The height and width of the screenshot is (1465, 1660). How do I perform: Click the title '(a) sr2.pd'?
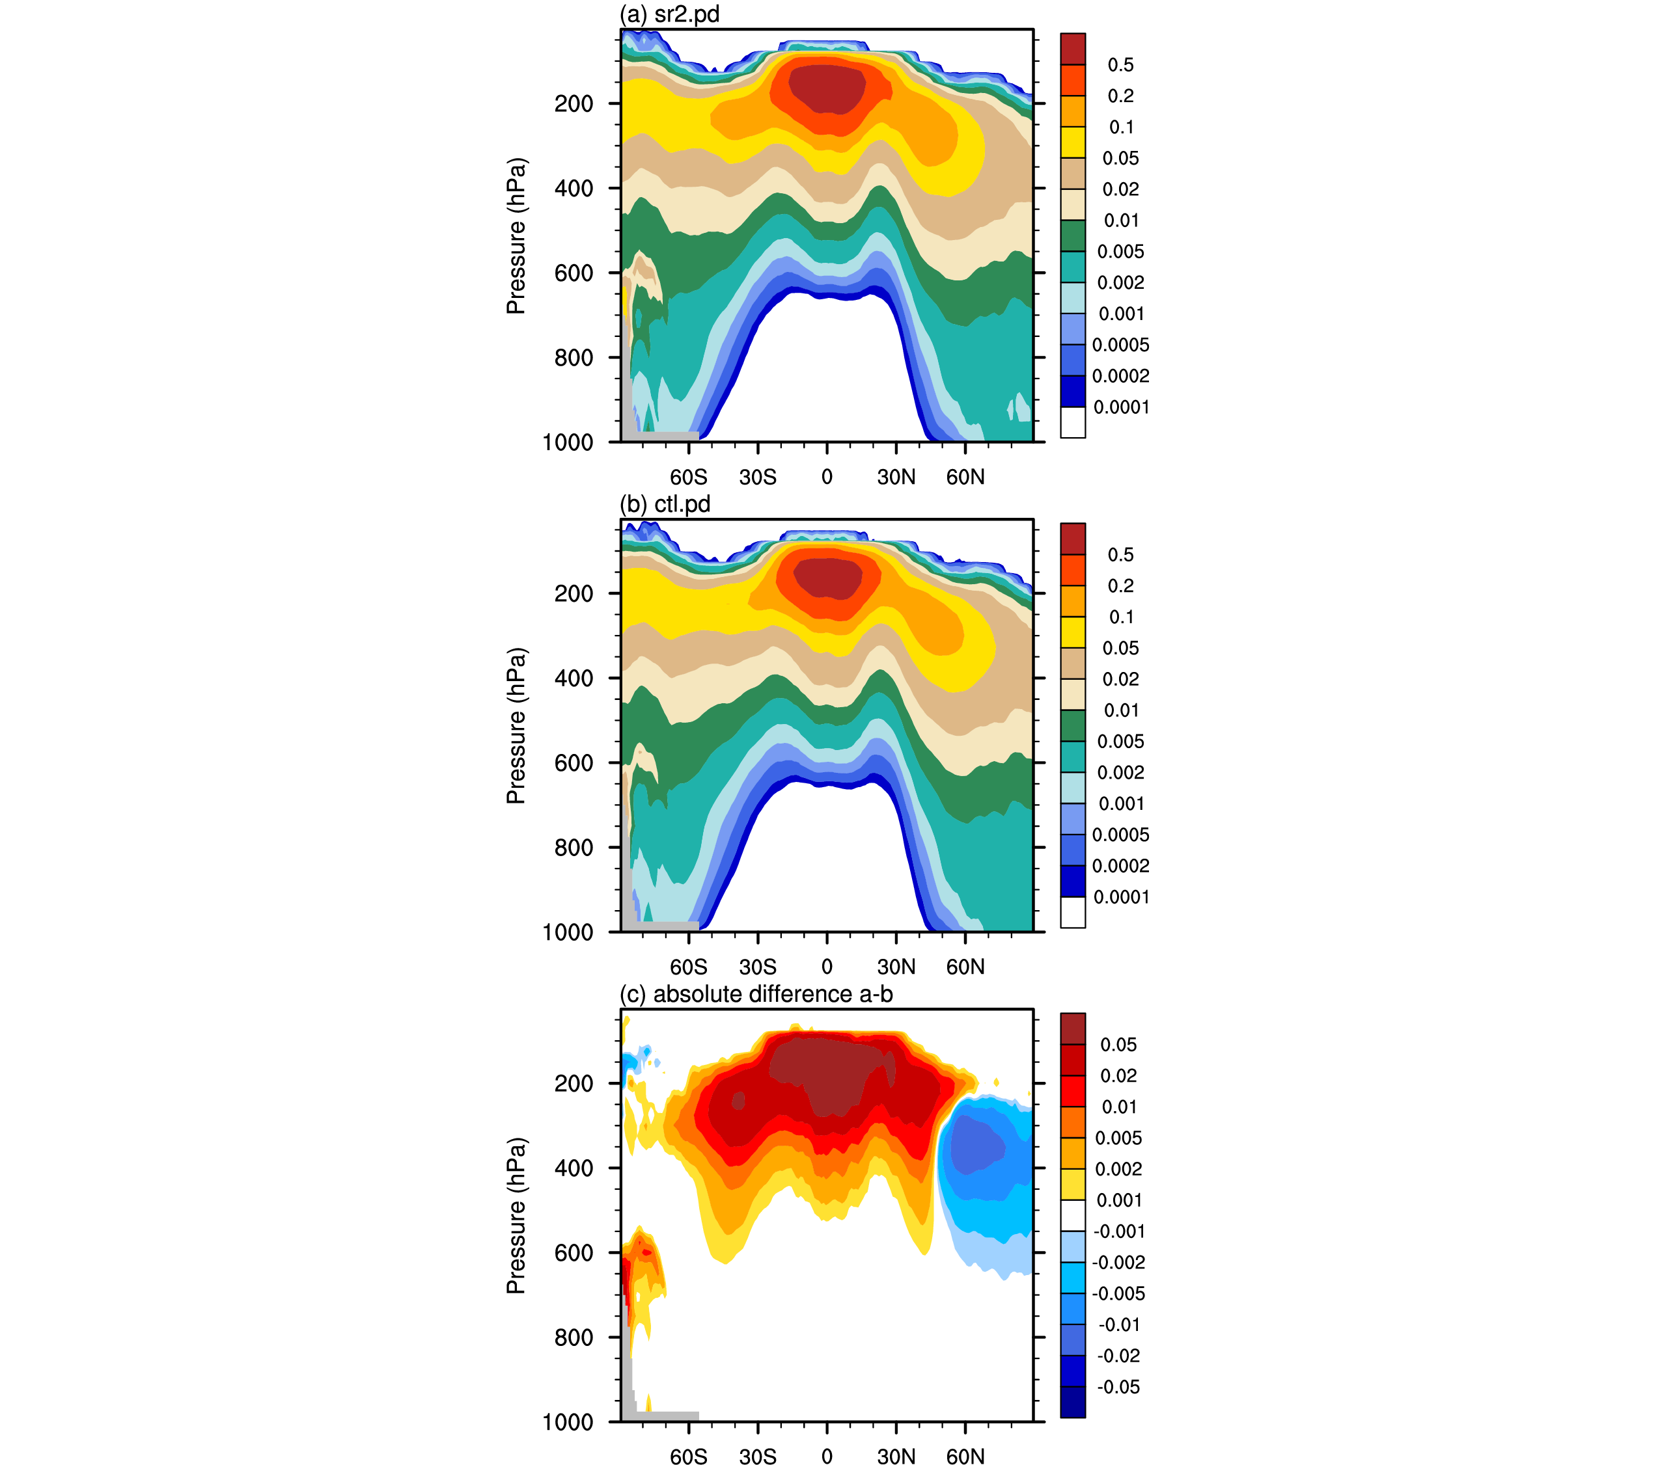click(x=669, y=14)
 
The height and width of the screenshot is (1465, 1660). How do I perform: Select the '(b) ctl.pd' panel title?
click(x=665, y=505)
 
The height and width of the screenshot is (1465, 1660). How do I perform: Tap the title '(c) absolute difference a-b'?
click(x=756, y=995)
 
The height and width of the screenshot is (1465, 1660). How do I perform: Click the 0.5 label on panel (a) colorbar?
click(x=1121, y=65)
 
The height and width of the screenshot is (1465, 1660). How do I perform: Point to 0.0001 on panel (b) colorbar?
click(x=1121, y=898)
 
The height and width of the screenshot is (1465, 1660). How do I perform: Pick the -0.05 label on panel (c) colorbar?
click(x=1118, y=1387)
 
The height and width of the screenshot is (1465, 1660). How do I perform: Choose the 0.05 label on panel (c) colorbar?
click(x=1118, y=1045)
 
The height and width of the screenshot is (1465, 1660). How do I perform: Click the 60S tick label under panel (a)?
click(x=689, y=477)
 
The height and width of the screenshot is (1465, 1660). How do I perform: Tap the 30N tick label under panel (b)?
click(x=896, y=967)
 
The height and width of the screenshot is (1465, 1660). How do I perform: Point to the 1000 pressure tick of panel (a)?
click(x=568, y=442)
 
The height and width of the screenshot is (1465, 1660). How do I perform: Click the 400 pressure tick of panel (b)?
click(x=574, y=679)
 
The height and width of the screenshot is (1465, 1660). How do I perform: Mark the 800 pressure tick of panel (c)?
click(x=574, y=1337)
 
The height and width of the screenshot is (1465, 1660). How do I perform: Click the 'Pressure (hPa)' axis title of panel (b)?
click(x=516, y=725)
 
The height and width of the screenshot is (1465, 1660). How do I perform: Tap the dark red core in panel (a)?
click(x=827, y=88)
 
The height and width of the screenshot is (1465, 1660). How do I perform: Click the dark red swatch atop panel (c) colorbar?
click(x=1073, y=1028)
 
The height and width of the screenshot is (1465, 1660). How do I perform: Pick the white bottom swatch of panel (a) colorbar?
click(x=1073, y=422)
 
